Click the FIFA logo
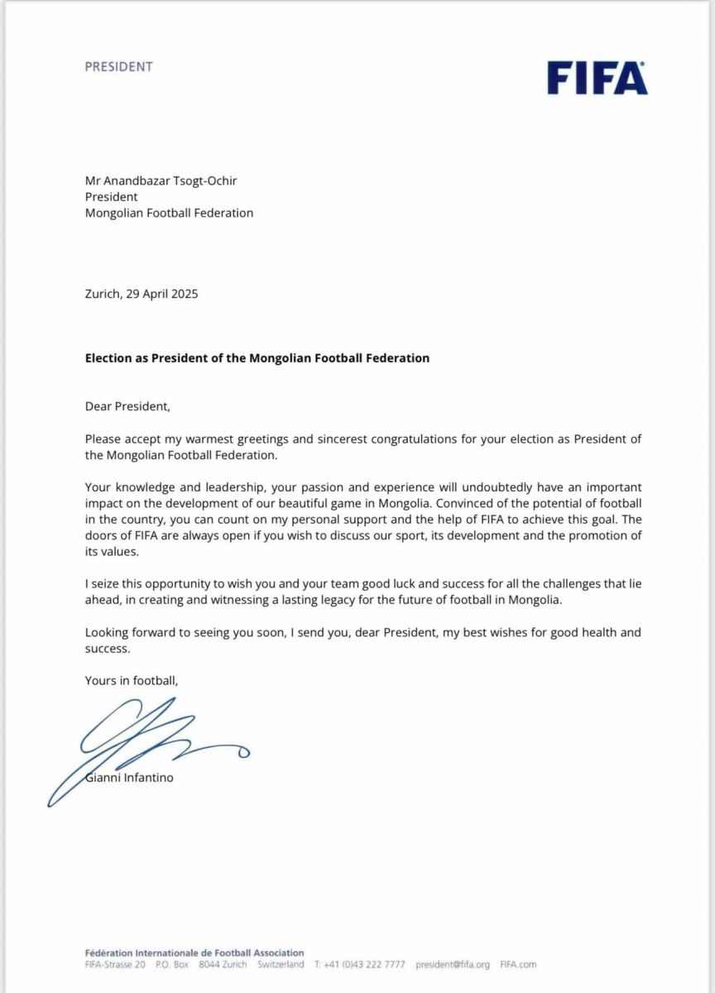pos(597,78)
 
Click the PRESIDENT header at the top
pos(118,67)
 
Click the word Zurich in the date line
pos(103,294)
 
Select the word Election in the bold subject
pos(109,358)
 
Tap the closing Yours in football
pos(131,681)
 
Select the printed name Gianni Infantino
pos(129,778)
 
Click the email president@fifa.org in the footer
pos(453,964)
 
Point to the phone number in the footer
pos(365,964)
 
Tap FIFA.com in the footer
pos(518,964)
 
